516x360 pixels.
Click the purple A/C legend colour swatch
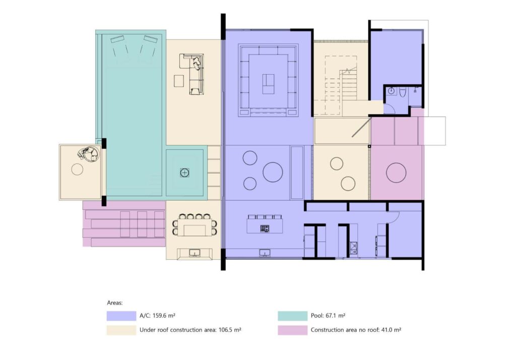pos(121,316)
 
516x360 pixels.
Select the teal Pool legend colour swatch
pos(292,316)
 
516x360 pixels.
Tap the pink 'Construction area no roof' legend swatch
pos(292,330)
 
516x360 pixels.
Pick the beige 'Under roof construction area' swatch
pos(121,330)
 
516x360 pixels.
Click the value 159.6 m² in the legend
pos(164,316)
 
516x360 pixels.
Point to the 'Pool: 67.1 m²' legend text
pos(328,316)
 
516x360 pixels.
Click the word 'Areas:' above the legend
pos(114,303)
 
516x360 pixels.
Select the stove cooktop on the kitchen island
pos(265,228)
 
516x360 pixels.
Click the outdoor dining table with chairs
pos(195,225)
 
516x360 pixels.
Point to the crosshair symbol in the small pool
pos(184,172)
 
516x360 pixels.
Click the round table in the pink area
pos(396,172)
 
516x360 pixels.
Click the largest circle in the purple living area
pos(273,172)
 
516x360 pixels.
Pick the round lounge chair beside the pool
pos(89,154)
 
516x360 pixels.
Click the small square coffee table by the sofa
pos(179,81)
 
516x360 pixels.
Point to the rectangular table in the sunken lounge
pos(268,84)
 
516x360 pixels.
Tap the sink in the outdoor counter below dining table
pos(195,253)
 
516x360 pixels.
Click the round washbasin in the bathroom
pos(391,91)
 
